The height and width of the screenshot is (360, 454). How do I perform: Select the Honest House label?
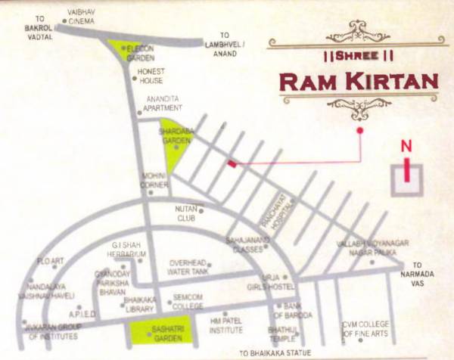151,76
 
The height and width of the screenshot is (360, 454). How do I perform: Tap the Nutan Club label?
186,212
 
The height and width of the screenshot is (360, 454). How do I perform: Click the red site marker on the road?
232,163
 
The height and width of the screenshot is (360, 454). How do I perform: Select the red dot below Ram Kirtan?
359,131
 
